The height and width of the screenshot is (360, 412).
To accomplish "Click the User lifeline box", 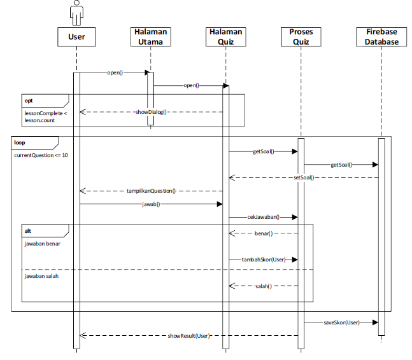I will pos(76,37).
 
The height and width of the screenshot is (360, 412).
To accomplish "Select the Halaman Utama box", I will pos(151,37).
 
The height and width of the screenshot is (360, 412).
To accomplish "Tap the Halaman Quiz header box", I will pos(225,37).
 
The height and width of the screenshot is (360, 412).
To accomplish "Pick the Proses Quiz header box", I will pos(301,37).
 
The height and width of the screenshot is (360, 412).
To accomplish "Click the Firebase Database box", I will pos(381,37).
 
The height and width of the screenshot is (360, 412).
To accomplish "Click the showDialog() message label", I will pos(151,112).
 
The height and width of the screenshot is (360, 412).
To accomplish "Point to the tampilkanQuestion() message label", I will pos(151,190).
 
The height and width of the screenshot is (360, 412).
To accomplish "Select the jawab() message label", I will pos(150,204).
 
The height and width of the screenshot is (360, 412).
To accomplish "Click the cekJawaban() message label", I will pos(264,217).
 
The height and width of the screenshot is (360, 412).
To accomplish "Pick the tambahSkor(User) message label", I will pos(263,260).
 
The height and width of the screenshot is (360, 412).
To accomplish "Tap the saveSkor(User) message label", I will pos(341,322).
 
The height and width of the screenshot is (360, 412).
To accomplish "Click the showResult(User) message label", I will pos(189,335).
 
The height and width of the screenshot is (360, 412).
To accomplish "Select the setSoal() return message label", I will pos(304,177).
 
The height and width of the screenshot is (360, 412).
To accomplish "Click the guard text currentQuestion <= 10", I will pos(41,155).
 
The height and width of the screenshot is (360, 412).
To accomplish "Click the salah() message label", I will pos(263,286).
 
